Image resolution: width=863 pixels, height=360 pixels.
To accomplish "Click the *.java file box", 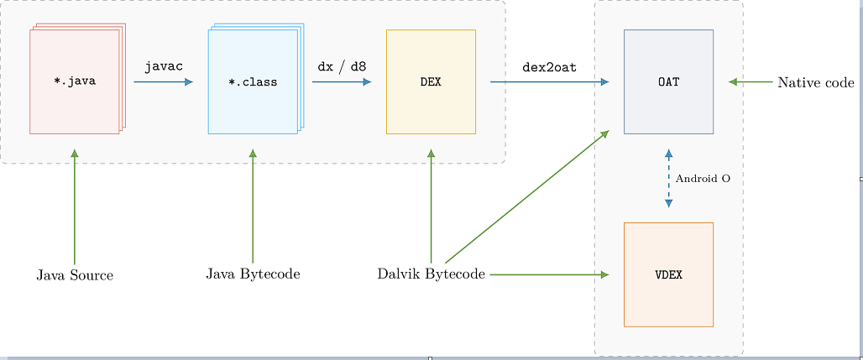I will (x=75, y=81).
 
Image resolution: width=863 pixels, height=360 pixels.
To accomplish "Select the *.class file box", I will (x=253, y=81).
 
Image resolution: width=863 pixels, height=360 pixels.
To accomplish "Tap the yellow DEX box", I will (x=431, y=81).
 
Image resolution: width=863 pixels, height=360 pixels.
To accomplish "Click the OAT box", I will (x=668, y=81).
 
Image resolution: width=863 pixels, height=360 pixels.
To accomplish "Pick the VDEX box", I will (x=668, y=274).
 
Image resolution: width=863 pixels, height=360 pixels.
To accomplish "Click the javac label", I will (x=164, y=65).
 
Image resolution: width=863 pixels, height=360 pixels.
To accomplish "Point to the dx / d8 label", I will (x=342, y=65).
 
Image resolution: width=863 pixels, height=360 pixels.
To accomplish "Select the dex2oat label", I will (x=549, y=65).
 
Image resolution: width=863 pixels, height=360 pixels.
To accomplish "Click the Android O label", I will (x=703, y=179).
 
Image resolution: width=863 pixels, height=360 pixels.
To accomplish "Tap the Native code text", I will (x=815, y=82).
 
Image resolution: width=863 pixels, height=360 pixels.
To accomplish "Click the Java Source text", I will (x=75, y=275).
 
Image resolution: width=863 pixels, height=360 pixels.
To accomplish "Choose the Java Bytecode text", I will (x=253, y=274).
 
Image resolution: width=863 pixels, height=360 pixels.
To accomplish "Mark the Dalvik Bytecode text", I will (x=431, y=274).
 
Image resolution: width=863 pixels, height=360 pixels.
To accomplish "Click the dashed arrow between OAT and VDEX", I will (x=668, y=178).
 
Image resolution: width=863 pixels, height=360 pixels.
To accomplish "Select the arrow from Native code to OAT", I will (x=751, y=81).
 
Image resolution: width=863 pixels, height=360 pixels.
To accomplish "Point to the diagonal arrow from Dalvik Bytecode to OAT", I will (x=526, y=197).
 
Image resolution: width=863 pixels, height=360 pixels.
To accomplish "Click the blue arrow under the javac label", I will (x=163, y=82).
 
